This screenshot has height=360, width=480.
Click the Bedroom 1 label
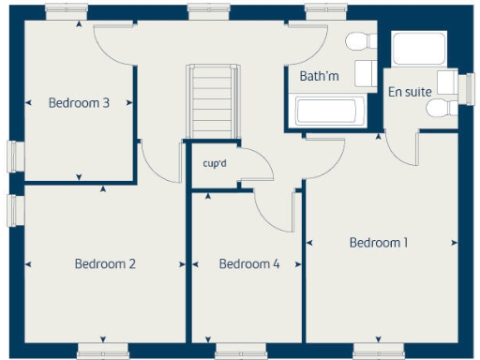coord(379,243)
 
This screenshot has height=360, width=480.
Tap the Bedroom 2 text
coord(105,264)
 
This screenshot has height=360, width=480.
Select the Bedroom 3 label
coord(79,103)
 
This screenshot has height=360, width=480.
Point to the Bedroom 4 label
coord(249,264)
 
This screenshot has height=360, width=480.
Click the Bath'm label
coord(319,76)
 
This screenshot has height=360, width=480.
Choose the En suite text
coord(410,91)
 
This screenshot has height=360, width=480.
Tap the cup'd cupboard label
coord(215,163)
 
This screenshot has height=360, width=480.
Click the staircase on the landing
coord(208,101)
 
